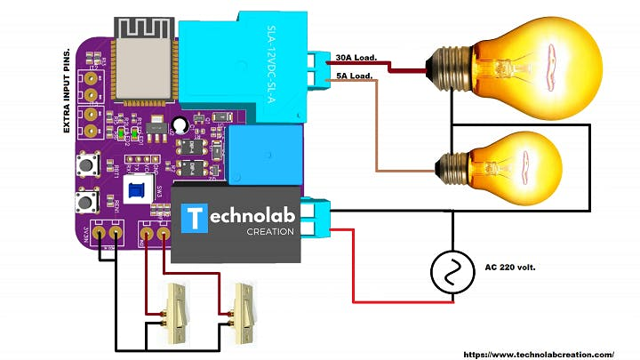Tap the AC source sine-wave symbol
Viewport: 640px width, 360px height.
(452, 272)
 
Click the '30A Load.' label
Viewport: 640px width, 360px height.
(356, 59)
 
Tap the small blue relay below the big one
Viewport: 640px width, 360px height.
(264, 156)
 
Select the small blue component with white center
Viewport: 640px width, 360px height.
(137, 188)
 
